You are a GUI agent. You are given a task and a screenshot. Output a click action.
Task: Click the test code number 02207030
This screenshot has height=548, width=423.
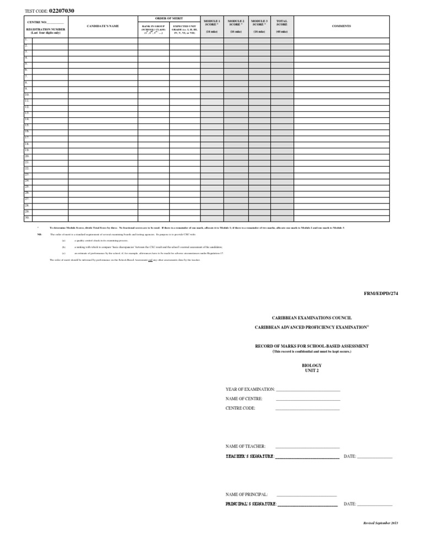[x=62, y=10]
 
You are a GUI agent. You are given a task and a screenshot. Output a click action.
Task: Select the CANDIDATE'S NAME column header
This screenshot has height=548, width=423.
[x=103, y=26]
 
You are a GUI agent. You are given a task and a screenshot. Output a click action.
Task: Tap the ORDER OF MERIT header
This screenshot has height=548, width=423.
[x=169, y=18]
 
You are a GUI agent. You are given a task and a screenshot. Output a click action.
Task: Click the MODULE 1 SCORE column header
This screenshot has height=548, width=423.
[x=211, y=23]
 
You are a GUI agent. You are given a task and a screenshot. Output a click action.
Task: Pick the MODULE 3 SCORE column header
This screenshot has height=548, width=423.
[x=259, y=23]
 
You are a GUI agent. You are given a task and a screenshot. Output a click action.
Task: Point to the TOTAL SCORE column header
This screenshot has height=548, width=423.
[x=282, y=23]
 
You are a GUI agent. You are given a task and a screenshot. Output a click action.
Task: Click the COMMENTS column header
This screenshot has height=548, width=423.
[x=341, y=26]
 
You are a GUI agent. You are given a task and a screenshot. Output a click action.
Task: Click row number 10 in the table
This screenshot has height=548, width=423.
[x=27, y=95]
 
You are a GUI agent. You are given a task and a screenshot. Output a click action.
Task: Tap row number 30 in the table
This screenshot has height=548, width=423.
[x=27, y=217]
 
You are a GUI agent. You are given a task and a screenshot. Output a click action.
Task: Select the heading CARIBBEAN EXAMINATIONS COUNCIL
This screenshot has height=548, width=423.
[x=312, y=318]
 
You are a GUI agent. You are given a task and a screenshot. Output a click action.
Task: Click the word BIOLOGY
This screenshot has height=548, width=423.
[x=312, y=366]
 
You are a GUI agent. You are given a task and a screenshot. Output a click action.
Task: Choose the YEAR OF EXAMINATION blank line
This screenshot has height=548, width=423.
[x=308, y=390]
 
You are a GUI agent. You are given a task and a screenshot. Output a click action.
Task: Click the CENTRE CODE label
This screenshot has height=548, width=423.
[x=240, y=409]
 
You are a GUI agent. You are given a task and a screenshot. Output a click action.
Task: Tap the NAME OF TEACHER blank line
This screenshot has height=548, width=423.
[x=307, y=447]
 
